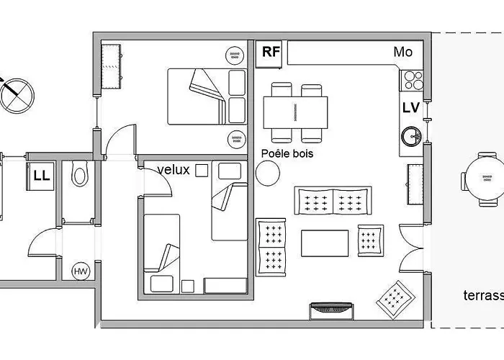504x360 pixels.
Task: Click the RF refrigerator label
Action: coord(271,51)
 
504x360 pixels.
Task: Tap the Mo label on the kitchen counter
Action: coord(402,52)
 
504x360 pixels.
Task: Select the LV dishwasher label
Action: coord(411,108)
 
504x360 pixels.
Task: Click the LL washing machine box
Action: coord(40,176)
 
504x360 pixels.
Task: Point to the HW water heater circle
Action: coord(81,271)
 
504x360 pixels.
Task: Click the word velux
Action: coord(174,170)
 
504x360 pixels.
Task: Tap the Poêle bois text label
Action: coord(287,153)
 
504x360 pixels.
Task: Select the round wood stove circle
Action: coord(268,173)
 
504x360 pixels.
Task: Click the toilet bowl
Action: coord(79,174)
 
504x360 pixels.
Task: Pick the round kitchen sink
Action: coord(411,136)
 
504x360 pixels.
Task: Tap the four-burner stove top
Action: coord(411,81)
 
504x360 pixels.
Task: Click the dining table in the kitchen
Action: coord(295,112)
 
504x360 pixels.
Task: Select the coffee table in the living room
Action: coord(325,243)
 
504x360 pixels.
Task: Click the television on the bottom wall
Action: coord(331,310)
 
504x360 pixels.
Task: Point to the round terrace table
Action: coord(486,179)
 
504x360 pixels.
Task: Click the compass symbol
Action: coord(17,96)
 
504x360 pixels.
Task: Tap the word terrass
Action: coord(483,295)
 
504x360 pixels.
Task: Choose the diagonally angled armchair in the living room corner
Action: coord(396,300)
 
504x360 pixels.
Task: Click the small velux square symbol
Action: coord(202,171)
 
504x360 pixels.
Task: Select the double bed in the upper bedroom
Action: coord(207,96)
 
